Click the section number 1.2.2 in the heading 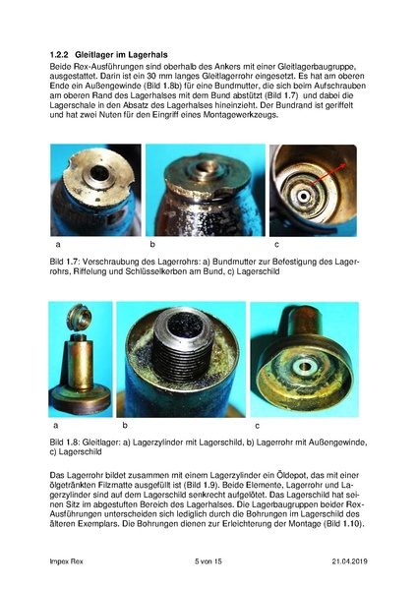coord(61,51)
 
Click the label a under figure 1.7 coord(59,243)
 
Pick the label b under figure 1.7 coord(152,243)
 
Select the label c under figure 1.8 coord(258,426)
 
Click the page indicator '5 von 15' coord(209,560)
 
